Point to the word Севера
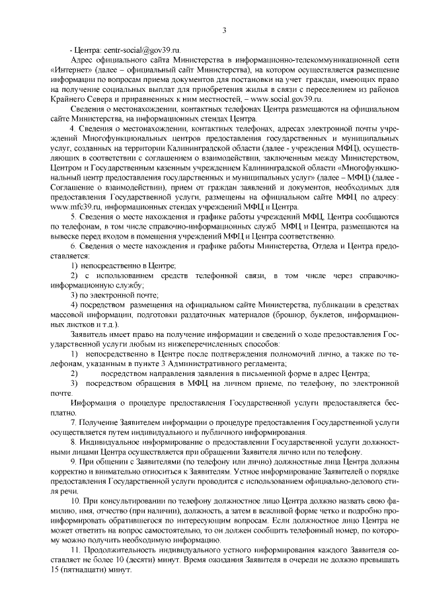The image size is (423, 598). tap(94, 97)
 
